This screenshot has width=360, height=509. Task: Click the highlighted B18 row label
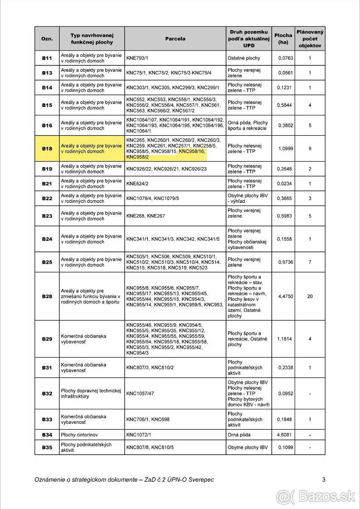47,149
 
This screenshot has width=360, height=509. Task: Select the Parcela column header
175,39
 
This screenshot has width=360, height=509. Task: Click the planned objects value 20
310,296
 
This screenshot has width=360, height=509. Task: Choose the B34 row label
47,435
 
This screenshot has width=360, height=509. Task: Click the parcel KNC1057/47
140,394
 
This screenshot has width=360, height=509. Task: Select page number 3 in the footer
324,480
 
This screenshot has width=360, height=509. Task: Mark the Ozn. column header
47,39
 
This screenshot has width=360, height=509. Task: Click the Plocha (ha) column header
283,39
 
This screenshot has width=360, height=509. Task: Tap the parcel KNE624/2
137,184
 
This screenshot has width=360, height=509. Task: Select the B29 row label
47,339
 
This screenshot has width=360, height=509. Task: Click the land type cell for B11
244,58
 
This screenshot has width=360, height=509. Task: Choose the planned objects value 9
310,149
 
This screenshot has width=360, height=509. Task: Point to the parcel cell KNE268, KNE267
145,216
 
